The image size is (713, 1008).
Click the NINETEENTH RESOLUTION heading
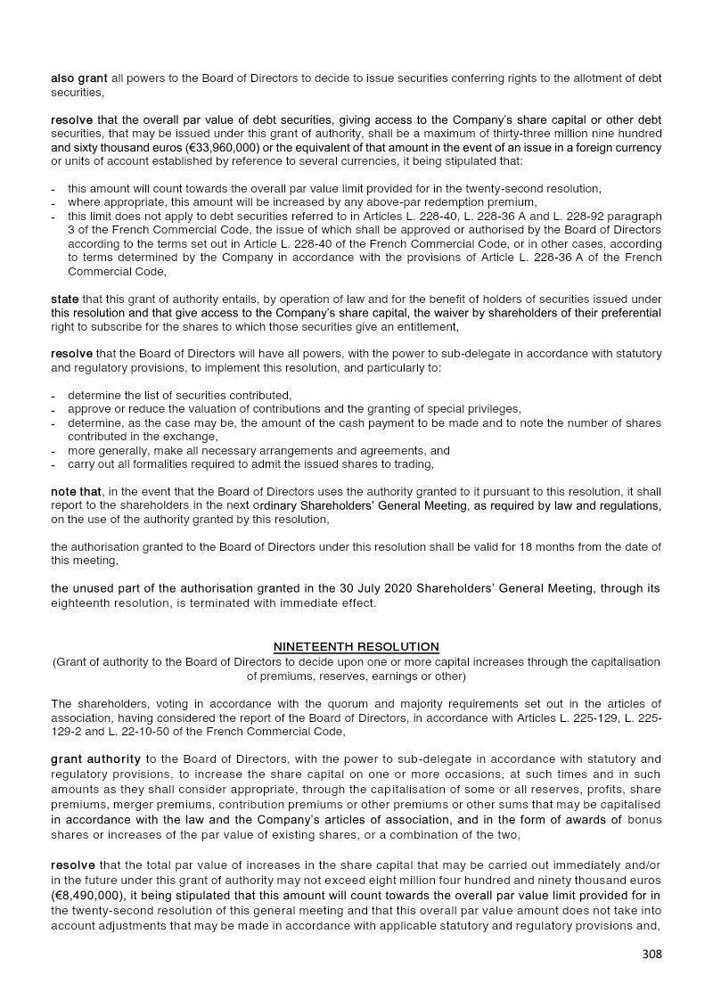[356, 646]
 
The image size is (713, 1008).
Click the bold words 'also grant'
[79, 78]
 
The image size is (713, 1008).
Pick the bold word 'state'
[65, 299]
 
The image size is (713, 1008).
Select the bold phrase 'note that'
[77, 491]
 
